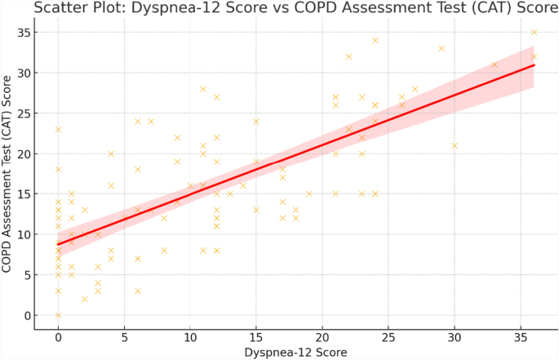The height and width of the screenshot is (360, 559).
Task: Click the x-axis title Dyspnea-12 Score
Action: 295,353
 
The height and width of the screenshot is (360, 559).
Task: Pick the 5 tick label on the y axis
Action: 27,275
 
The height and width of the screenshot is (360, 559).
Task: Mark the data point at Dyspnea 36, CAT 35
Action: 534,33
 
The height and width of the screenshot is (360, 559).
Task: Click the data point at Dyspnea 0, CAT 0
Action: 58,315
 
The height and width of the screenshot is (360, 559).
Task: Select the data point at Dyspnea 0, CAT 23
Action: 58,129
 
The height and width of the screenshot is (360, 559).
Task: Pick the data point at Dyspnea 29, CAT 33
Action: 441,48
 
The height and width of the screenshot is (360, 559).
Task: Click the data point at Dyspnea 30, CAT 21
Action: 455,145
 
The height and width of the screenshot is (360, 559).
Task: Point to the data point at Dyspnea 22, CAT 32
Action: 348,56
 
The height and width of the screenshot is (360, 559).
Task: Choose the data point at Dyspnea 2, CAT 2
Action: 84,299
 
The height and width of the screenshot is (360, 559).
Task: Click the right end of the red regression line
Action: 534,65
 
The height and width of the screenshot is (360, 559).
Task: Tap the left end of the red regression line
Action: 58,244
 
